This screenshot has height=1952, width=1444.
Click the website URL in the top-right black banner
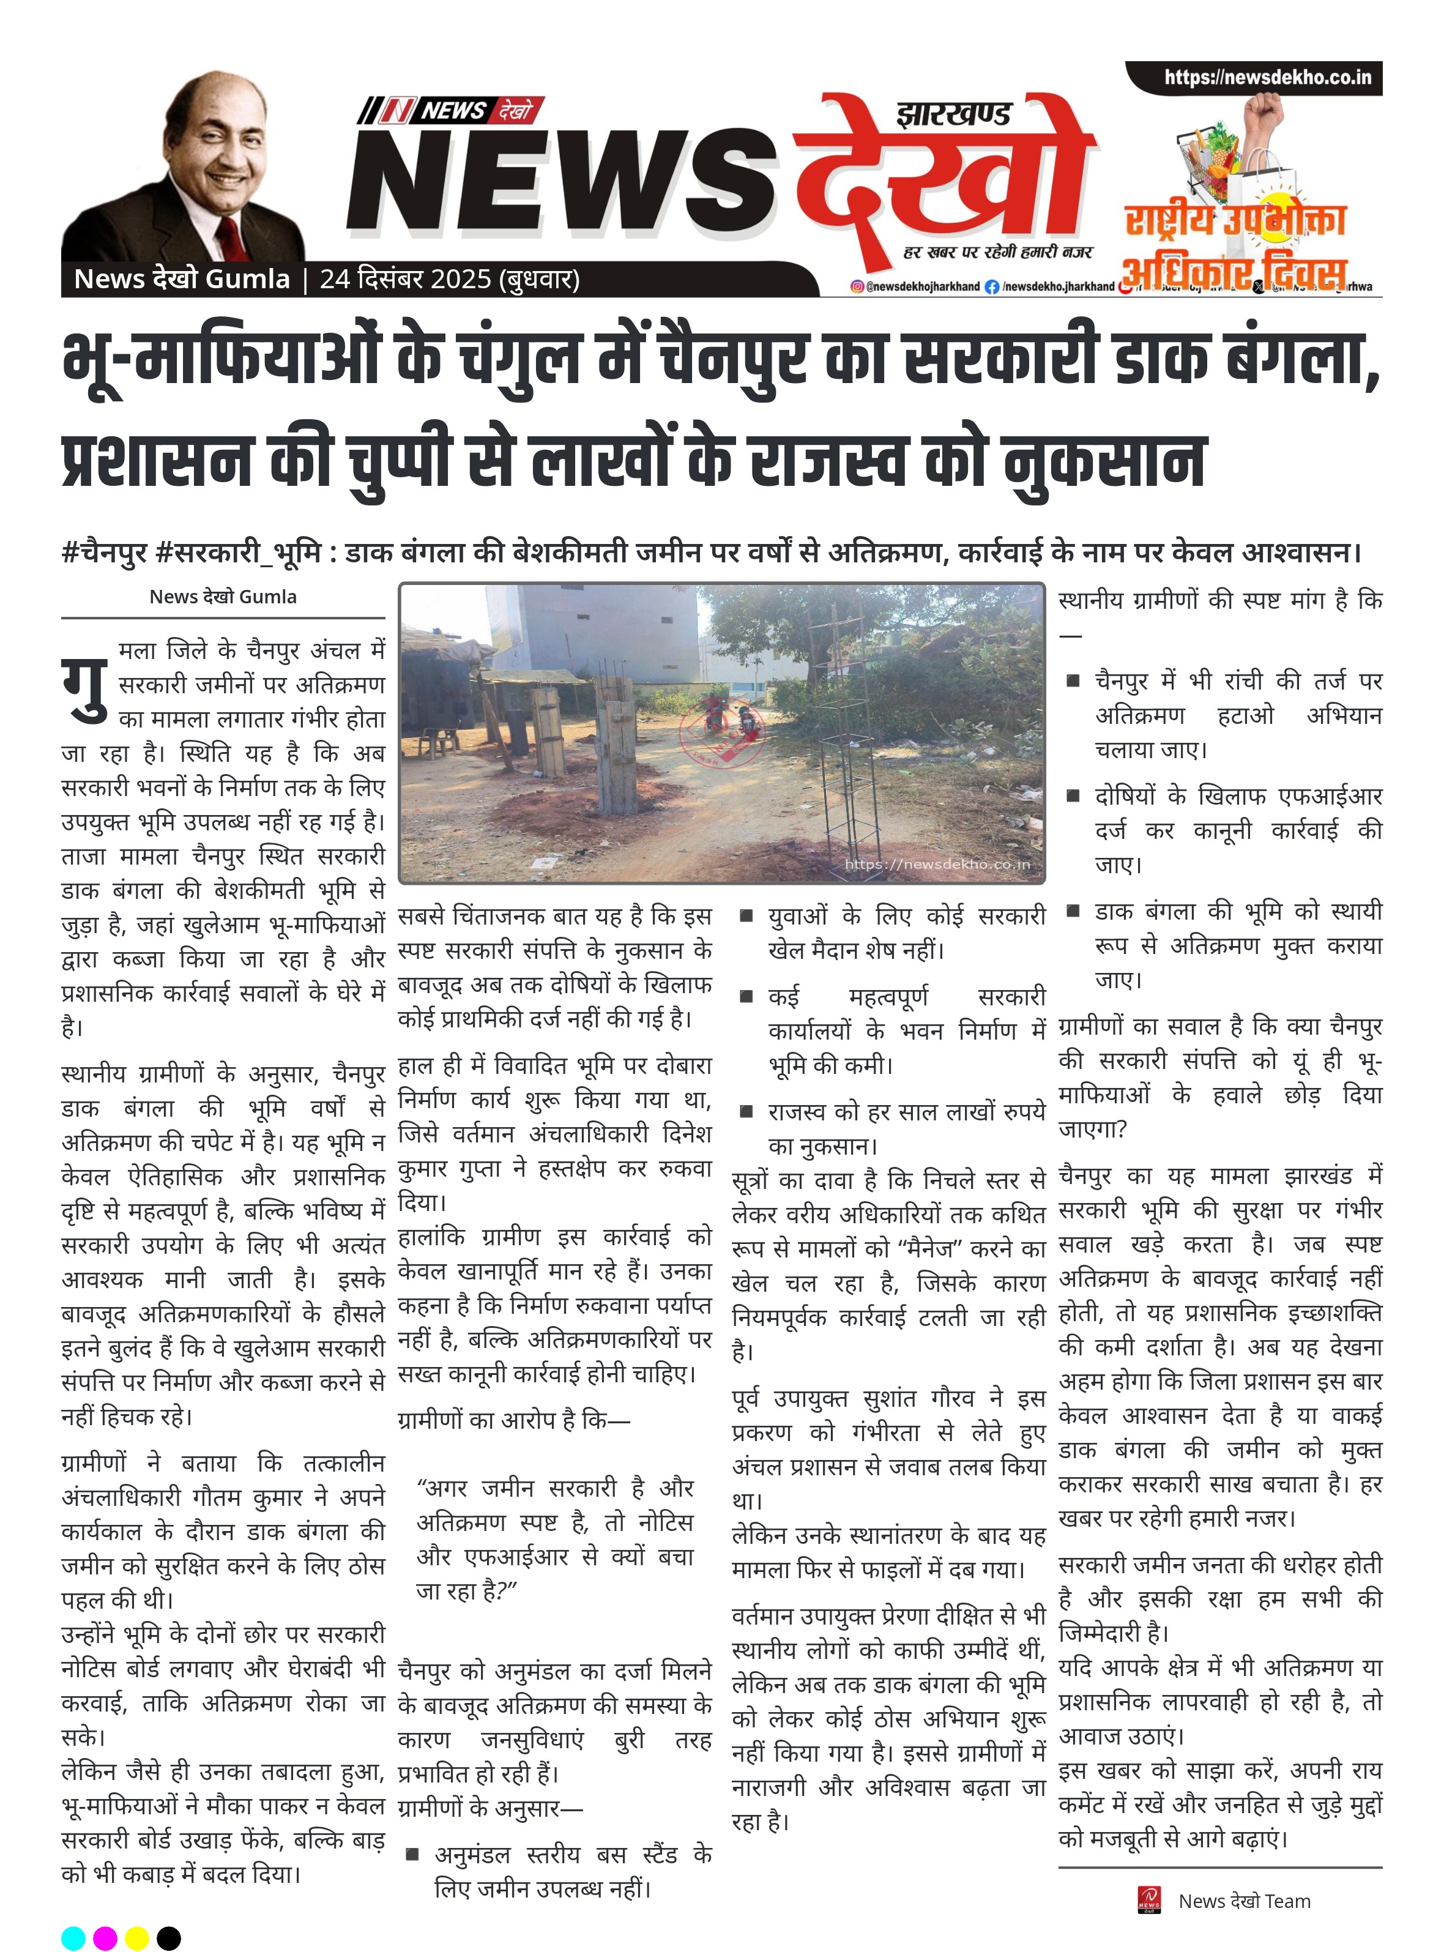click(1267, 78)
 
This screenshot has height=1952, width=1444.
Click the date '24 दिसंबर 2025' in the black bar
click(406, 279)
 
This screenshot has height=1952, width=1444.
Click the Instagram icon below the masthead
click(857, 287)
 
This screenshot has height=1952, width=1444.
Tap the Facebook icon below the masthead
click(991, 287)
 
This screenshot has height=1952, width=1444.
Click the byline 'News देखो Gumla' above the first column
click(223, 597)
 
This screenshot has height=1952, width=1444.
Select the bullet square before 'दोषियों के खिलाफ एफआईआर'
click(1073, 795)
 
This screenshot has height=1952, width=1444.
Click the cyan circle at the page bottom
click(73, 1938)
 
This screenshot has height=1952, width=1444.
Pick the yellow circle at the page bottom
click(137, 1938)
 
